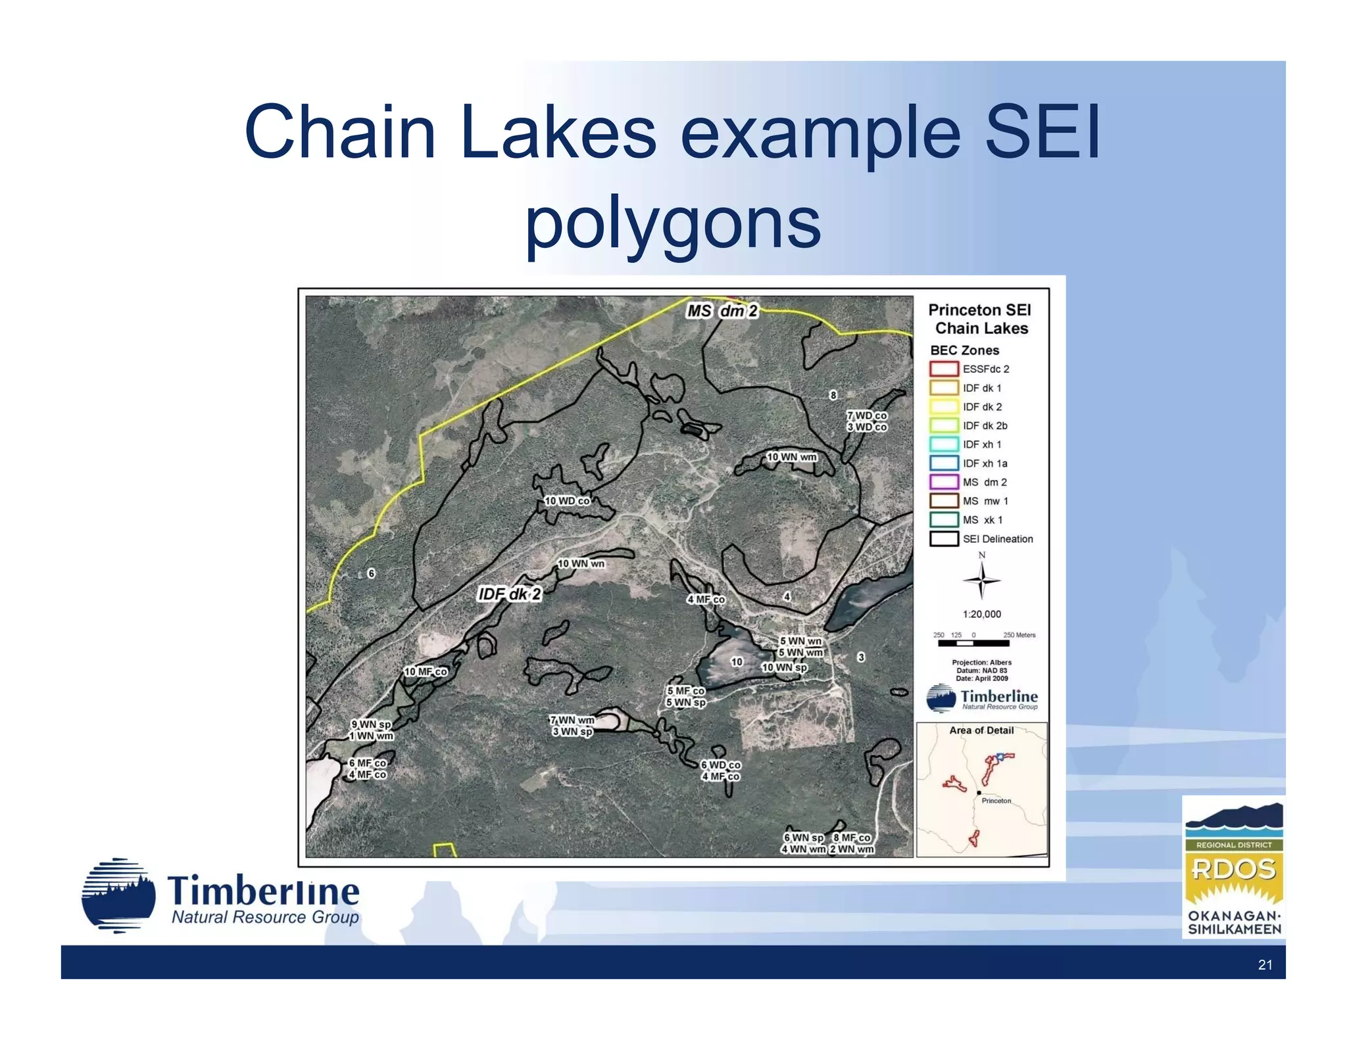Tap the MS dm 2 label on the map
[722, 311]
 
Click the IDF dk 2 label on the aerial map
[510, 594]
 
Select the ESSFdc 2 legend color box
[943, 369]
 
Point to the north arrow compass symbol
[981, 580]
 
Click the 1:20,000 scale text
[981, 614]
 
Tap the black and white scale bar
[973, 644]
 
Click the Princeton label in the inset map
[996, 801]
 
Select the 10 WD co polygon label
[567, 501]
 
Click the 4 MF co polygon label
[706, 600]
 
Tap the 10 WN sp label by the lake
[784, 667]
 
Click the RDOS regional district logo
[1234, 868]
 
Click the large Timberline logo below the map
[221, 897]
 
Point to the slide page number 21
[1265, 965]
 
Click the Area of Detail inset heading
[981, 730]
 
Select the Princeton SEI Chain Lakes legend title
[980, 319]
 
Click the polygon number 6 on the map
[371, 573]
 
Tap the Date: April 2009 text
[981, 678]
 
